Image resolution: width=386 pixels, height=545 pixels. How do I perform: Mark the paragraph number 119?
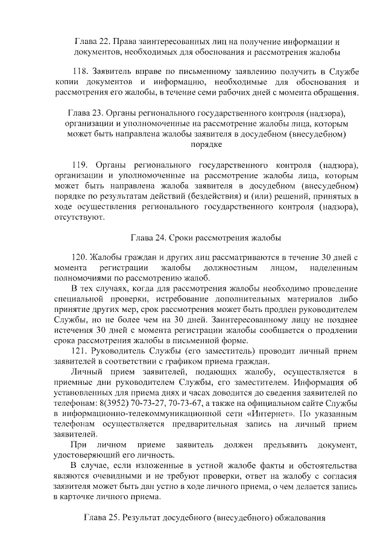click(x=80, y=165)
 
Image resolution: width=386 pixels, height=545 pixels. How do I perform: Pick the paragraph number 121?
click(x=80, y=350)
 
